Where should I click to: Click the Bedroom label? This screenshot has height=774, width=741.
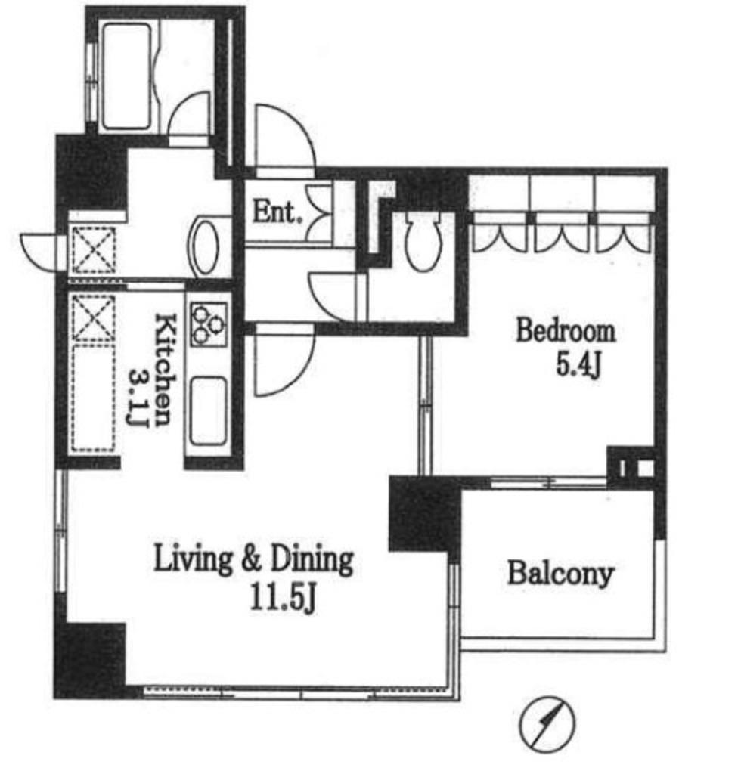click(x=566, y=331)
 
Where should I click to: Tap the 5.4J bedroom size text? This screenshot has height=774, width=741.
click(x=578, y=366)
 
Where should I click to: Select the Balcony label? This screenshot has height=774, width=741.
click(x=560, y=574)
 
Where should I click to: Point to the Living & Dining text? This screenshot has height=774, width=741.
click(x=254, y=560)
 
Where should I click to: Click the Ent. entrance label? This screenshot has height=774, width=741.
click(x=277, y=212)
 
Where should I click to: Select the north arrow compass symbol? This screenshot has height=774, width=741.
click(x=547, y=724)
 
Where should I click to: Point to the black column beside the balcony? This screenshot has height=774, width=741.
click(x=424, y=514)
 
